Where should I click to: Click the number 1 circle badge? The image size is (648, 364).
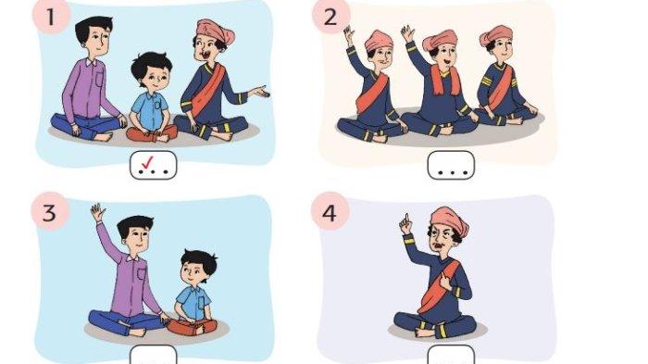pyautogui.click(x=51, y=17)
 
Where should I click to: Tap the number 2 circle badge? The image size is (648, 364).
pyautogui.click(x=330, y=17)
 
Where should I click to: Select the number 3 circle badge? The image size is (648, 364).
pyautogui.click(x=50, y=211)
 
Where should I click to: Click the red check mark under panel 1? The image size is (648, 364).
pyautogui.click(x=147, y=163)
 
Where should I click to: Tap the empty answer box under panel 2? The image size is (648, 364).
pyautogui.click(x=451, y=165)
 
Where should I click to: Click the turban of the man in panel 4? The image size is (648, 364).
pyautogui.click(x=450, y=220)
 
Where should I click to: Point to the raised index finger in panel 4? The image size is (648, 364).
pyautogui.click(x=406, y=219)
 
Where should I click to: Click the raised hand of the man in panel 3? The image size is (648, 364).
pyautogui.click(x=98, y=212)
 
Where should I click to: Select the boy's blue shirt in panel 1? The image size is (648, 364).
pyautogui.click(x=150, y=110)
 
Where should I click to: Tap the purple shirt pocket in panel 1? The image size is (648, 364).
pyautogui.click(x=100, y=78)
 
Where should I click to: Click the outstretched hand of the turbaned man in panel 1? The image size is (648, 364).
pyautogui.click(x=261, y=92)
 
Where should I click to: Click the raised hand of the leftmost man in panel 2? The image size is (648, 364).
pyautogui.click(x=349, y=35)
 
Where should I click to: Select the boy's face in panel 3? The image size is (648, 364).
pyautogui.click(x=194, y=272)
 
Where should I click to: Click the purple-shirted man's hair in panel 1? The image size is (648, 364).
pyautogui.click(x=93, y=27)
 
